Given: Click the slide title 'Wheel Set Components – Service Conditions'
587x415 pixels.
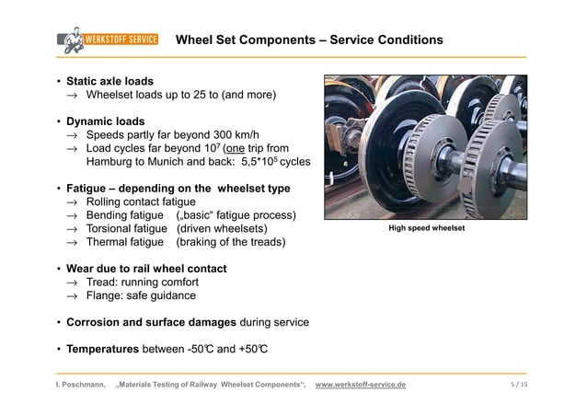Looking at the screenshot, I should tap(309, 40).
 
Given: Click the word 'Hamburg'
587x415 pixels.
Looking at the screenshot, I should tap(111, 161).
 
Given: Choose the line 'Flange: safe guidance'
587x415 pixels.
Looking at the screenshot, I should tap(140, 296).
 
